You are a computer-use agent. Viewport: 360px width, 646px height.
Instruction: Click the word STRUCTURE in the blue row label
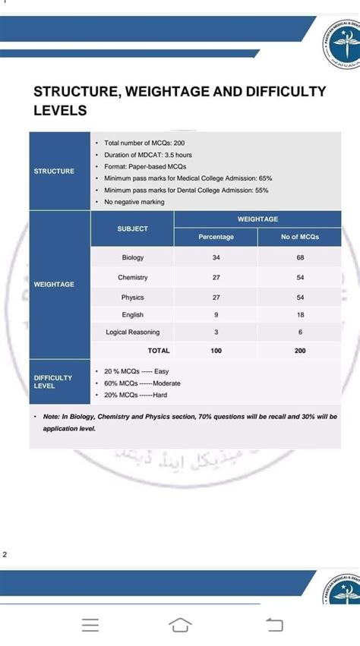click(54, 171)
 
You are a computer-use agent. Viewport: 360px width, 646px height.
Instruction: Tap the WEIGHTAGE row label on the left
click(54, 284)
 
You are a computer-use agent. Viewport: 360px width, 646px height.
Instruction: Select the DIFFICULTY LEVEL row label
click(53, 381)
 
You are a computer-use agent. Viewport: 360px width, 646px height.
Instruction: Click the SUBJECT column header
click(132, 228)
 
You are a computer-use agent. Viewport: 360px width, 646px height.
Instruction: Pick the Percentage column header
click(216, 237)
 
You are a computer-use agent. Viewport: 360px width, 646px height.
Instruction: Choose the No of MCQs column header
click(300, 237)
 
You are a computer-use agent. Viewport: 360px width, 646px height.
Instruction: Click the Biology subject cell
click(132, 258)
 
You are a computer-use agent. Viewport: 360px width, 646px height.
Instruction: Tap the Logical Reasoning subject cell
click(132, 332)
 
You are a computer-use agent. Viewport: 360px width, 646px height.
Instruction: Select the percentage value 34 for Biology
click(216, 258)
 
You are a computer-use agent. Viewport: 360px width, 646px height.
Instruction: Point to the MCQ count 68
click(300, 258)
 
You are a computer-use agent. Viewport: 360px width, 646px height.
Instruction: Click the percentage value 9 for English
click(216, 314)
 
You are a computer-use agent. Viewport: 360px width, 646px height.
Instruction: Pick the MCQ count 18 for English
click(300, 314)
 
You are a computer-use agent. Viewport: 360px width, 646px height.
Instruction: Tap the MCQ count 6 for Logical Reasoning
click(300, 332)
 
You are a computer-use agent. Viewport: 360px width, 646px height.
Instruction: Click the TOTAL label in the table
click(159, 351)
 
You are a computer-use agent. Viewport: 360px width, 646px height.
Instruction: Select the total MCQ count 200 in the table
click(300, 351)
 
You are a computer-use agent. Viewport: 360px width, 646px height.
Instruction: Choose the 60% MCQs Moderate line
click(142, 383)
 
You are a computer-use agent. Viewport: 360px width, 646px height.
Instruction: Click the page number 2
click(5, 555)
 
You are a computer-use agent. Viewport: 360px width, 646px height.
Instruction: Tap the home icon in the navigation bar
click(179, 624)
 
